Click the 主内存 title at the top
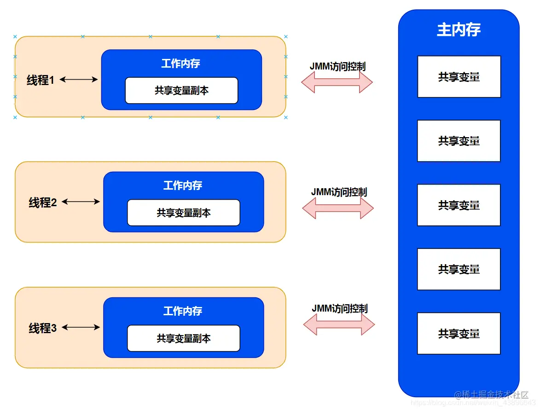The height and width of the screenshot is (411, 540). click(459, 30)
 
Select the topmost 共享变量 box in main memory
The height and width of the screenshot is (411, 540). click(459, 77)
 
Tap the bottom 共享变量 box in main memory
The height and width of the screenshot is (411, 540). click(459, 333)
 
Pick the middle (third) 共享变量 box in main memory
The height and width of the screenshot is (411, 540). click(459, 205)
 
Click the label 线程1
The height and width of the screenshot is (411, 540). click(41, 80)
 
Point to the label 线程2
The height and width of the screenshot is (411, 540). click(43, 202)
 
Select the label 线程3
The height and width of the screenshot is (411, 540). click(43, 328)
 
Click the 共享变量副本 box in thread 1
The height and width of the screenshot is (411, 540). click(181, 91)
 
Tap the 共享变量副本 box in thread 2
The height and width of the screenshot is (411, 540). click(183, 213)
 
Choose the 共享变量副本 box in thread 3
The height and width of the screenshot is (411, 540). click(183, 338)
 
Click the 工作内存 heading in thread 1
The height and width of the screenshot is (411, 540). click(180, 63)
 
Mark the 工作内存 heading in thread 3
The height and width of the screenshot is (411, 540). click(183, 311)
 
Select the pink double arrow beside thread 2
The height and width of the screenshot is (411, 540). click(337, 208)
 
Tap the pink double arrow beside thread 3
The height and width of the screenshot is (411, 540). click(339, 325)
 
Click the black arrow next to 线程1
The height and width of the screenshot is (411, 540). click(79, 80)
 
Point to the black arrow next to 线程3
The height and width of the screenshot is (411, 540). click(81, 327)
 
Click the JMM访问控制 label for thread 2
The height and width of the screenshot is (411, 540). click(339, 192)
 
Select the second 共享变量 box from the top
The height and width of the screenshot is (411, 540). click(459, 141)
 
